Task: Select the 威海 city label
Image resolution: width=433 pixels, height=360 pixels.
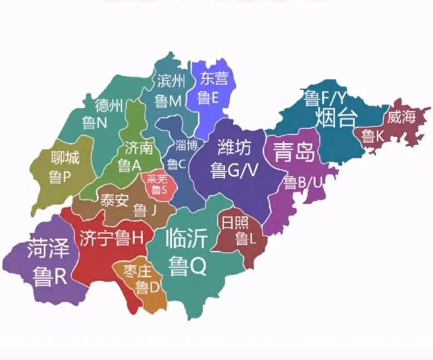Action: (x=401, y=116)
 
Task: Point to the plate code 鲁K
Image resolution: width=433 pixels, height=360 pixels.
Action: (x=373, y=137)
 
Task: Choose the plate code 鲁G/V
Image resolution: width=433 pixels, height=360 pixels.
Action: (x=235, y=170)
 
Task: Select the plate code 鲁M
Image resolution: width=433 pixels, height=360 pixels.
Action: (x=168, y=102)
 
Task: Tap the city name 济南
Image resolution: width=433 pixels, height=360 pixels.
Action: (x=138, y=146)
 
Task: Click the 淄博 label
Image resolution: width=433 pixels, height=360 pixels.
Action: (x=186, y=145)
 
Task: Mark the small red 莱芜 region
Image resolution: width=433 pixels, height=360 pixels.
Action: (x=160, y=185)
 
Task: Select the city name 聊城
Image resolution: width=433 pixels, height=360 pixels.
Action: (x=65, y=158)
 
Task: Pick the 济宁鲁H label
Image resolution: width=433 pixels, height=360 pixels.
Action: (x=112, y=238)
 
